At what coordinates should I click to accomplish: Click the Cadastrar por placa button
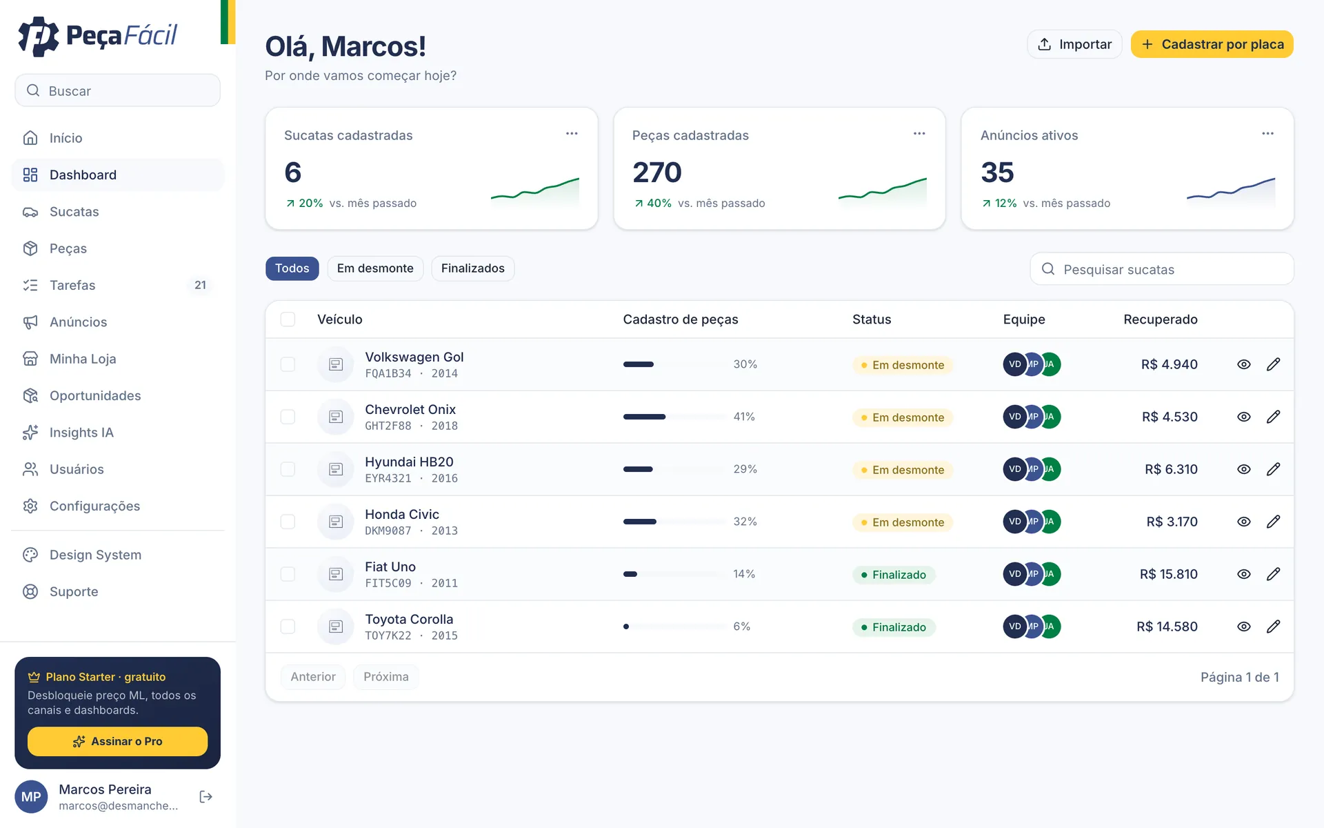(x=1212, y=44)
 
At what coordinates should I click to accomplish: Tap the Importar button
(x=1074, y=44)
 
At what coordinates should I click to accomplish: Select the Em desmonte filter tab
(x=375, y=268)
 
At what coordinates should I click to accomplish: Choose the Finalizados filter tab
(x=473, y=268)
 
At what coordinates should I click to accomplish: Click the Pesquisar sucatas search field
(x=1162, y=269)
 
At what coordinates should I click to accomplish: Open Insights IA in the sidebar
(x=81, y=433)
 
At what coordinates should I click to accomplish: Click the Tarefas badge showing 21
(x=200, y=285)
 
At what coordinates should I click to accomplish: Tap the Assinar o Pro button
(x=117, y=741)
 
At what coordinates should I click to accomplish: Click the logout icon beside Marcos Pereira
(x=205, y=797)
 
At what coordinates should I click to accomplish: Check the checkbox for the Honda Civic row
(x=288, y=522)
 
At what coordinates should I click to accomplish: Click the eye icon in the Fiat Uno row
(x=1243, y=574)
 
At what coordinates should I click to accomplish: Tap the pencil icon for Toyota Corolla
(x=1273, y=627)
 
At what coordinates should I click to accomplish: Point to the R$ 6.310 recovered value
(x=1171, y=469)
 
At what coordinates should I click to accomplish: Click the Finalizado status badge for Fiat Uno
(x=894, y=575)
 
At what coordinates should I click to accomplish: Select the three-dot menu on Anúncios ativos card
(x=1267, y=134)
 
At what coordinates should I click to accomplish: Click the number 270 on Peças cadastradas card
(x=657, y=172)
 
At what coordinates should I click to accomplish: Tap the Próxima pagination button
(x=386, y=677)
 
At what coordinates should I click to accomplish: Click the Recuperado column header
(x=1161, y=319)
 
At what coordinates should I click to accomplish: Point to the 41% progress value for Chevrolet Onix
(x=744, y=417)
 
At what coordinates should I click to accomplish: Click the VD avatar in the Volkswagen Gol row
(x=1014, y=364)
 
